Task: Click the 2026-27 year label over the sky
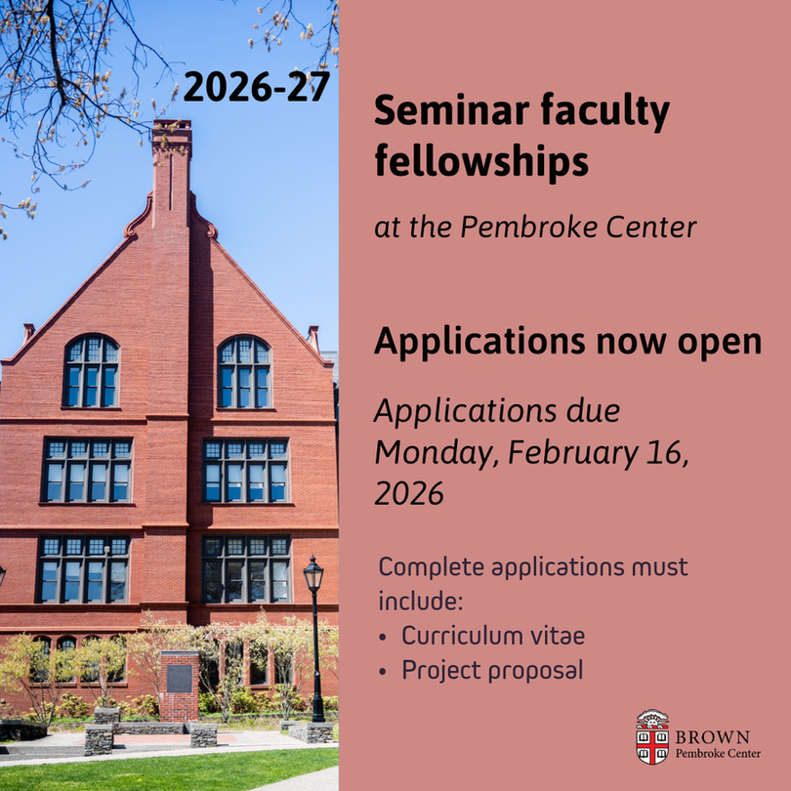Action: (256, 87)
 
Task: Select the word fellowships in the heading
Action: (481, 160)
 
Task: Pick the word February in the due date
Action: (573, 453)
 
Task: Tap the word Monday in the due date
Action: (437, 454)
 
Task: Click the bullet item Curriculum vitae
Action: (493, 636)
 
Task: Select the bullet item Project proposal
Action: (492, 671)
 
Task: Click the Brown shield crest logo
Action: (651, 737)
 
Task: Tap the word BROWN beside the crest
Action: (712, 737)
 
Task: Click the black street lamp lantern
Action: (313, 574)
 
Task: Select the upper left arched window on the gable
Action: (92, 371)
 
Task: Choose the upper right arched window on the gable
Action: (245, 372)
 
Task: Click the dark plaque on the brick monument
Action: (179, 679)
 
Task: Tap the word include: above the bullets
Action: (421, 602)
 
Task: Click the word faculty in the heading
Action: (605, 111)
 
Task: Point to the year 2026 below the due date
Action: (409, 493)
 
